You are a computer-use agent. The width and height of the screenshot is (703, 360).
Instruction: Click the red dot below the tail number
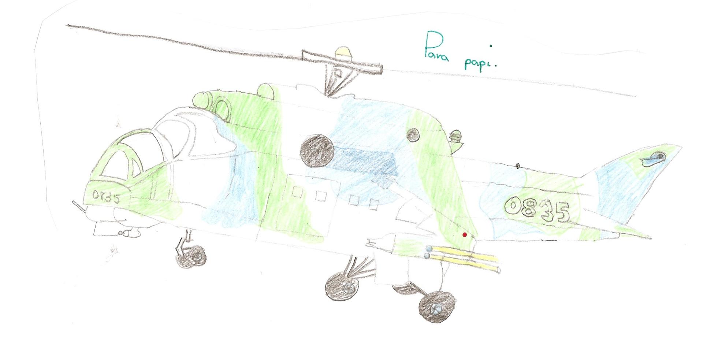(465, 235)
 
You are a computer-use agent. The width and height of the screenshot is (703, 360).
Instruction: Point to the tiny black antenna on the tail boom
(517, 166)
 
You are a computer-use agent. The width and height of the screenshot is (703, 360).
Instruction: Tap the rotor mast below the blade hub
(337, 82)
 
